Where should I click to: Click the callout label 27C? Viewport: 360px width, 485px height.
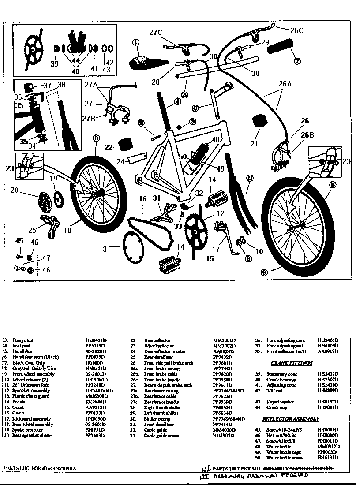[156, 32]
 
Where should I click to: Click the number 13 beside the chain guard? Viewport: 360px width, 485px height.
[102, 249]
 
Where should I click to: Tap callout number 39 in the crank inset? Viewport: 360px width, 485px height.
[54, 64]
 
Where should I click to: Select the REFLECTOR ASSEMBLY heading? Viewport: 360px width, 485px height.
[290, 418]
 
